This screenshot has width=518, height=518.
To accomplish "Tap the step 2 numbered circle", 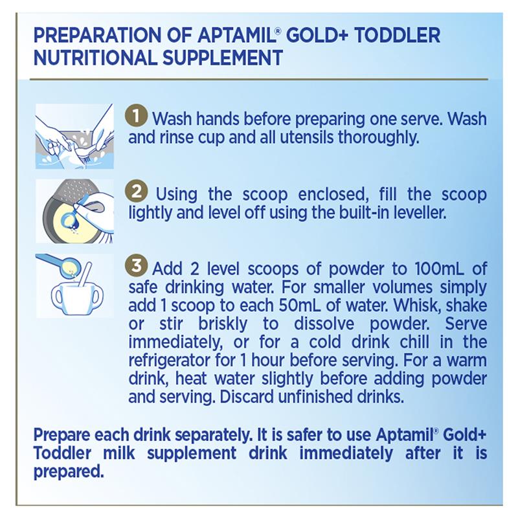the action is point(136,191).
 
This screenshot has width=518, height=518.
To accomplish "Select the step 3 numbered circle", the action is point(136,265).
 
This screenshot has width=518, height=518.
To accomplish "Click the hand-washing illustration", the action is point(74,137).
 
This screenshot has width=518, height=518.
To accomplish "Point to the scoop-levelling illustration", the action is point(74,211).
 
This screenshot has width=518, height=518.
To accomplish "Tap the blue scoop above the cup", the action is point(60,264).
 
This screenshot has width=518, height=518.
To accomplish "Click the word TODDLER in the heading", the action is point(398,36).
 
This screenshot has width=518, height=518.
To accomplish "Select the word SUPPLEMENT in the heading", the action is point(222,58).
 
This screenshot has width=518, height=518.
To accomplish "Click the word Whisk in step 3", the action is point(417,306).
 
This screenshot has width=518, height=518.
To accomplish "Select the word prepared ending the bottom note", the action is point(69,472).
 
